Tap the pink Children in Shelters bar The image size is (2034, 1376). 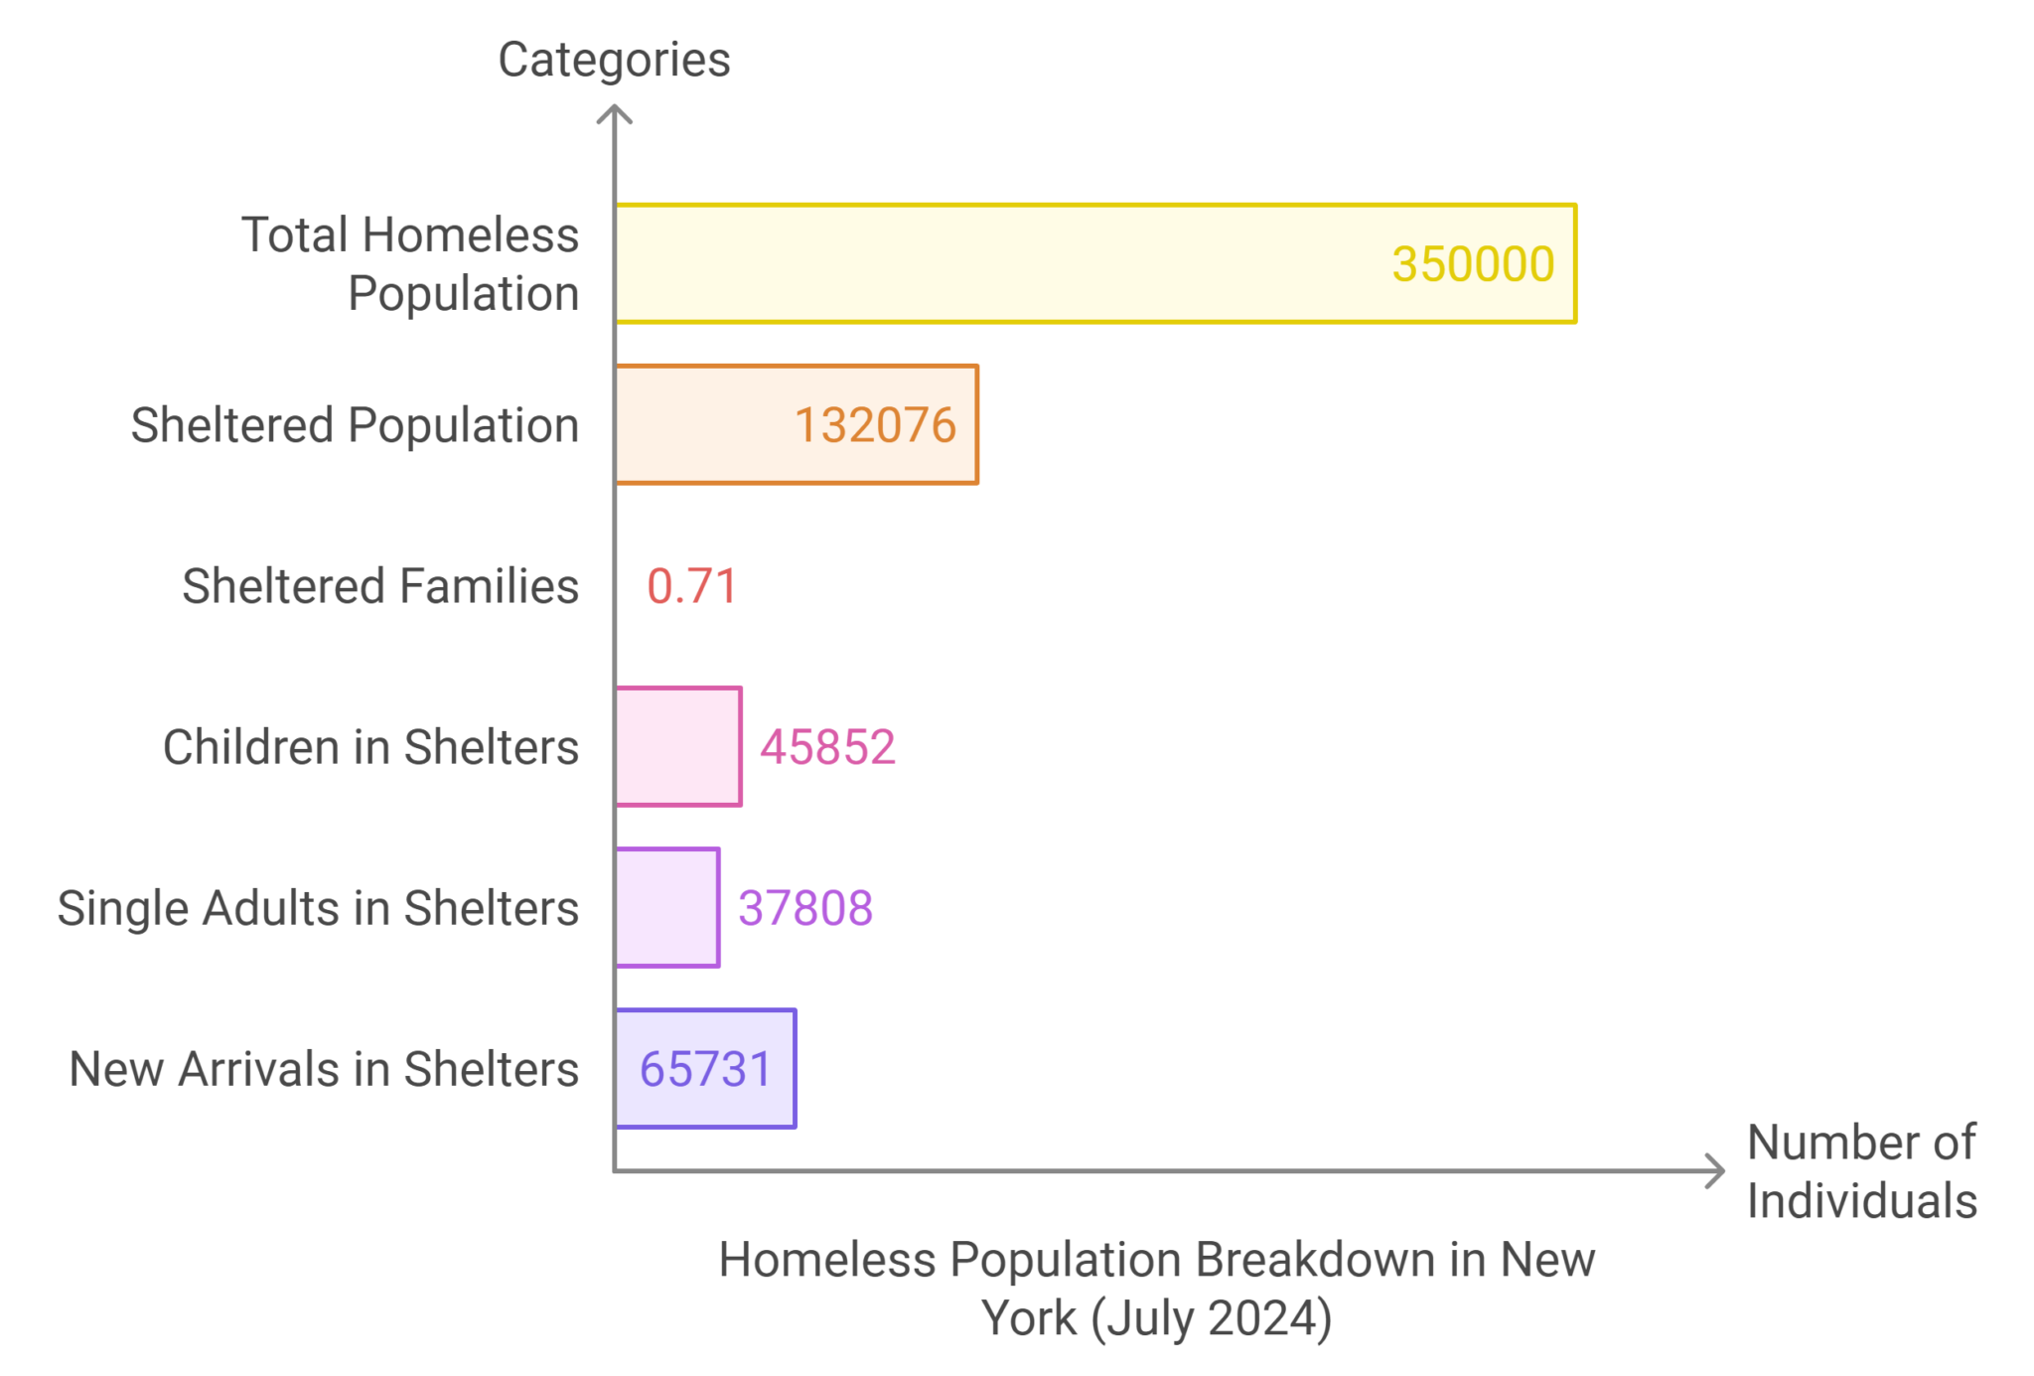coord(678,746)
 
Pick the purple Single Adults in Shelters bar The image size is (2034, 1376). coord(667,907)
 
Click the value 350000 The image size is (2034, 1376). coord(1473,264)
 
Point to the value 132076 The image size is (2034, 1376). coord(875,425)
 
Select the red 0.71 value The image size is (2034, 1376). coord(692,586)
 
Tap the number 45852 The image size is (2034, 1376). coord(828,747)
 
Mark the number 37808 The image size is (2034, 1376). coord(805,908)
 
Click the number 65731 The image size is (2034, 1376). coord(706,1070)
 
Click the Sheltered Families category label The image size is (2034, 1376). coord(380,586)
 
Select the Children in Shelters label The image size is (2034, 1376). coord(370,747)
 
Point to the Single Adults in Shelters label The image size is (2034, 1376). coord(318,908)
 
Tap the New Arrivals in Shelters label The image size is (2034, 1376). coord(324,1070)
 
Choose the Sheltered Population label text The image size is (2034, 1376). coord(355,425)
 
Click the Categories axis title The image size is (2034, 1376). coord(614,60)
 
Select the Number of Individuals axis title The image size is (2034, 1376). coord(1861,1171)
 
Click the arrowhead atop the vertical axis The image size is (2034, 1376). coord(615,113)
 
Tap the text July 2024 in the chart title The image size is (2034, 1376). coord(1211,1318)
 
